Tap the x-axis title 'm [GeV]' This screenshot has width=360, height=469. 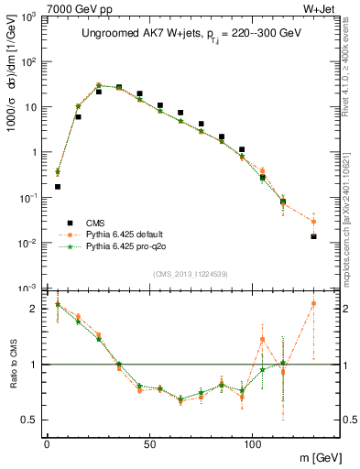321,456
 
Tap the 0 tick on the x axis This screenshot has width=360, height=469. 47,445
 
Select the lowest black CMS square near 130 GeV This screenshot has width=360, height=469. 313,236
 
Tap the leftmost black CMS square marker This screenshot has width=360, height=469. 57,187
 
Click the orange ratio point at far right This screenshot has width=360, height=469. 313,303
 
